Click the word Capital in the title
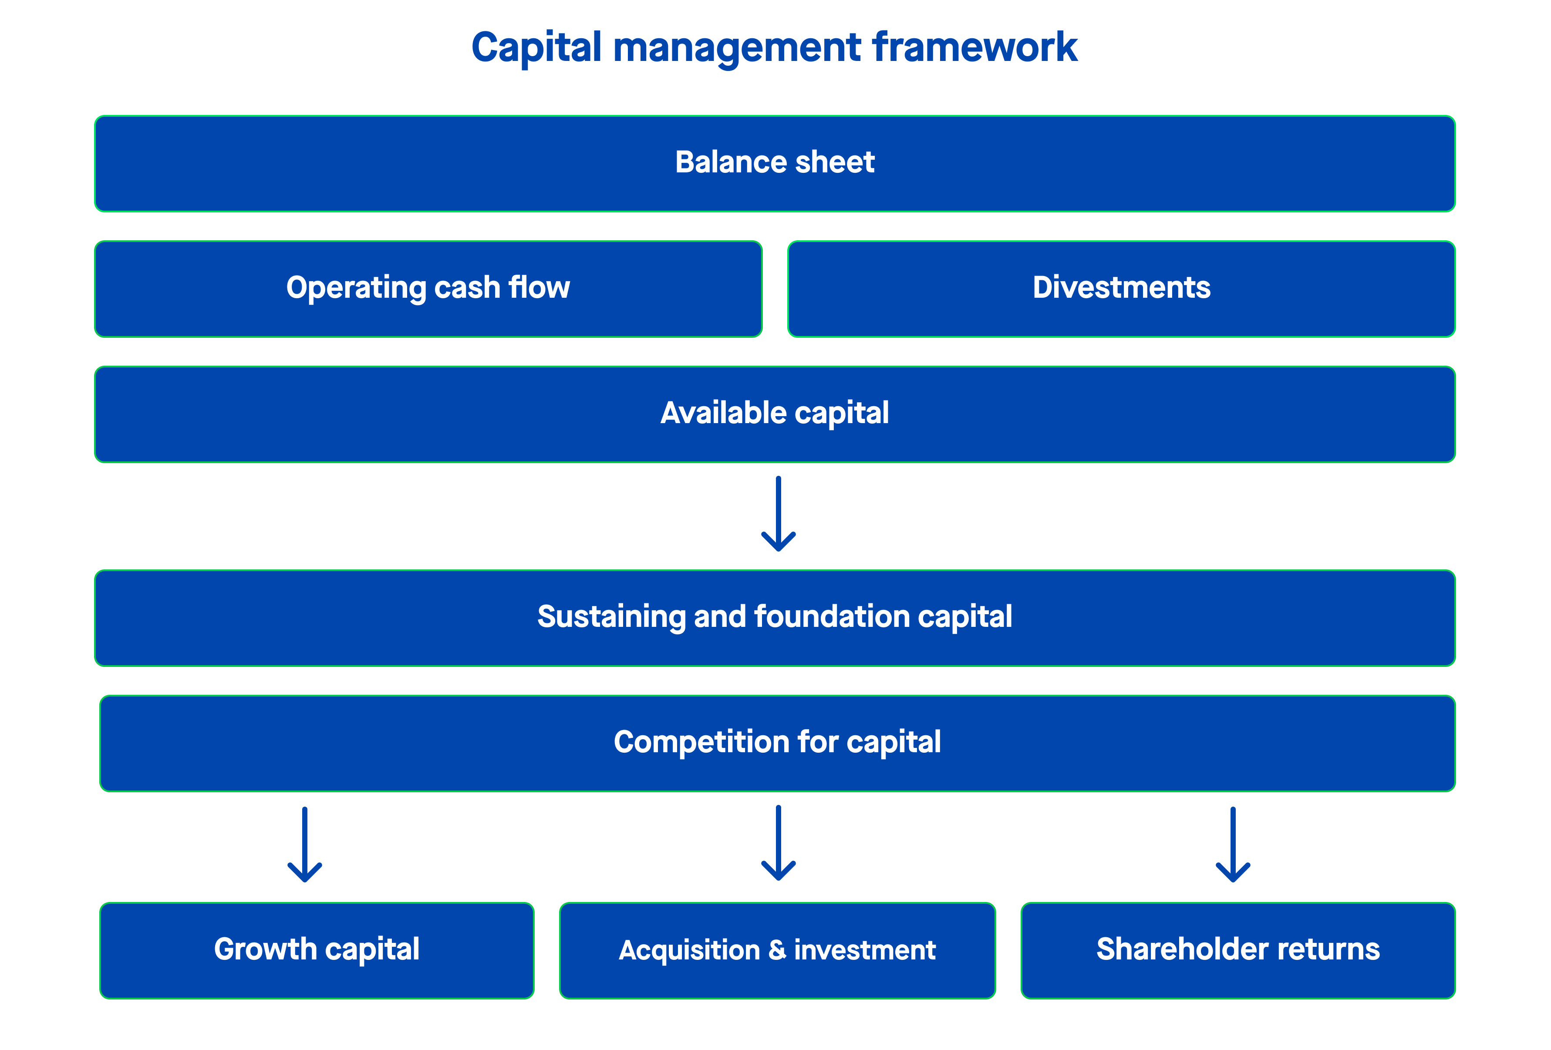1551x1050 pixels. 536,48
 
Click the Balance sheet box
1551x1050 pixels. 774,163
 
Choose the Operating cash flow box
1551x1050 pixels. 428,289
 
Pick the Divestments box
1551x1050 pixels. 1121,289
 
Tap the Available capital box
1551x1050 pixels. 774,414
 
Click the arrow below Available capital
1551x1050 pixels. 778,514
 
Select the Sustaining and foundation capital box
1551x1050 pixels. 774,618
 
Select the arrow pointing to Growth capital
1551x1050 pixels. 305,845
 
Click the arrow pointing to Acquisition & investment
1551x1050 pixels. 778,843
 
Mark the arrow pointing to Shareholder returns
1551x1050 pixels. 1233,845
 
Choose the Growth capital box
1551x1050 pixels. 317,950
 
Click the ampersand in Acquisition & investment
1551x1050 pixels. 777,950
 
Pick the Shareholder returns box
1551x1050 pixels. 1237,950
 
